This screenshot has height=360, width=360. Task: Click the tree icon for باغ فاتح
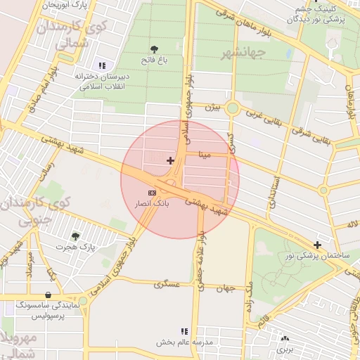click(154, 49)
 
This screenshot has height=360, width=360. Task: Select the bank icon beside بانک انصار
click(152, 193)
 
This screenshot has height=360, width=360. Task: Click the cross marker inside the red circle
click(170, 160)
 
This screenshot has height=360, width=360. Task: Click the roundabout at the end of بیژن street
click(233, 108)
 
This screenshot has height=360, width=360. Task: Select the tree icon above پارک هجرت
click(75, 236)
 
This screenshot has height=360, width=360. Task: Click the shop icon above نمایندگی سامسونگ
click(48, 295)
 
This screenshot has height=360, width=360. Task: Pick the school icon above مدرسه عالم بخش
click(184, 331)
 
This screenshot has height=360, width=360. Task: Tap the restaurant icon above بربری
click(284, 338)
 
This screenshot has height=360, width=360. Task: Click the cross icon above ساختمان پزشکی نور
click(318, 245)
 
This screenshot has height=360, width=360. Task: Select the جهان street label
click(225, 289)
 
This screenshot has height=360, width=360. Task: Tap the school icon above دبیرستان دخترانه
click(103, 65)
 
